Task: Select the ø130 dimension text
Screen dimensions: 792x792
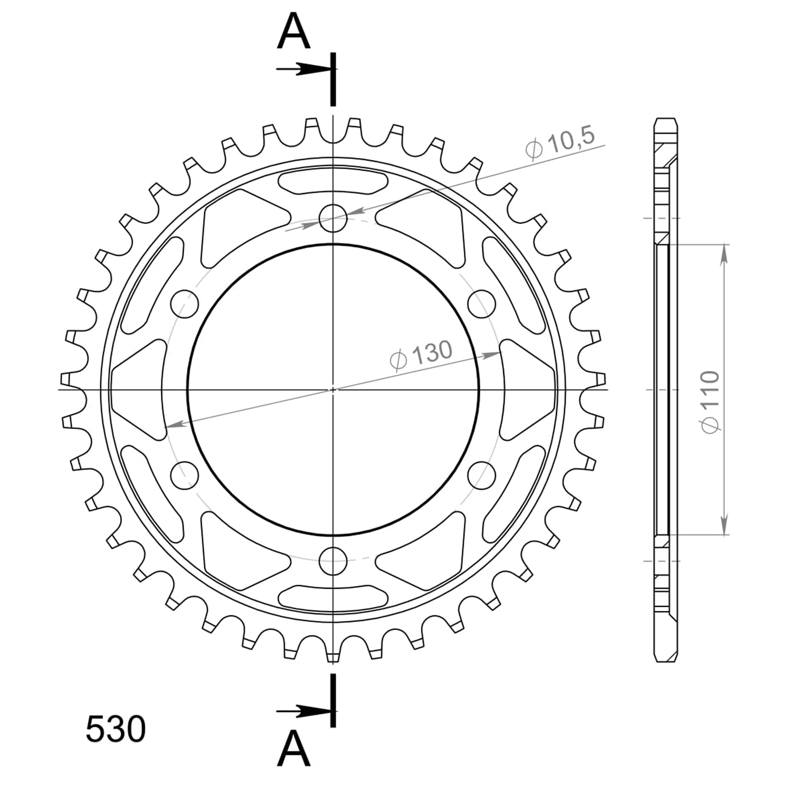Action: tap(421, 355)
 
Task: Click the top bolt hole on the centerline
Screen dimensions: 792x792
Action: tap(333, 217)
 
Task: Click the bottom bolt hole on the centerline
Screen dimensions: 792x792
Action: tap(333, 561)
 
